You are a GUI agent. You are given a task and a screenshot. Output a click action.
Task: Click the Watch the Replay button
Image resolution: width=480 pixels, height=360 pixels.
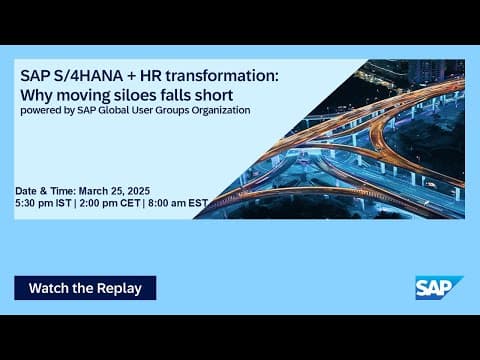(x=85, y=288)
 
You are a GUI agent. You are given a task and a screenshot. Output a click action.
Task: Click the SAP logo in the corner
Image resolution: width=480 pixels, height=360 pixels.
(x=439, y=287)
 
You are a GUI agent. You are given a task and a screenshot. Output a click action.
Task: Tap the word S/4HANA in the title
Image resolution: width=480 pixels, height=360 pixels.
(x=82, y=76)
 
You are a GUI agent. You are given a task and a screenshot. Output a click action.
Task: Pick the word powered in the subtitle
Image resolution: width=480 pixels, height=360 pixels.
(x=37, y=110)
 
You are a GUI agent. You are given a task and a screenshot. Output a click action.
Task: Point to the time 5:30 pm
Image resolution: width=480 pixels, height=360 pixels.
(x=36, y=203)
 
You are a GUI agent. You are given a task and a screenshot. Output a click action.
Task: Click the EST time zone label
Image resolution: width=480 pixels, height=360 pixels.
(x=199, y=203)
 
